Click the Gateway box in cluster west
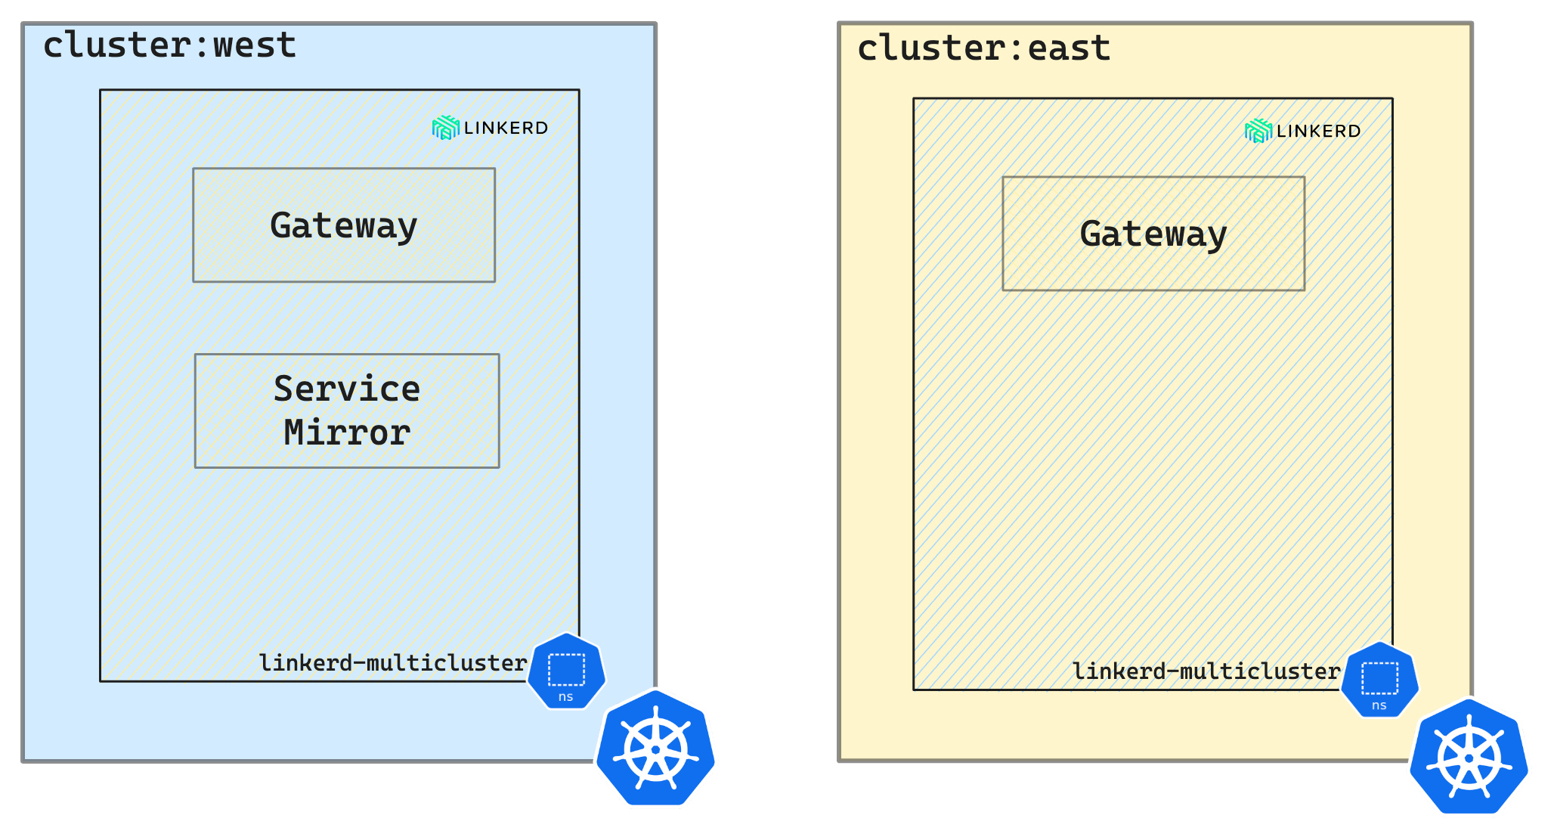344,225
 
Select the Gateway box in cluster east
1153,234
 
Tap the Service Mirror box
347,411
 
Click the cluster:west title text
169,45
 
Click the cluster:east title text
983,48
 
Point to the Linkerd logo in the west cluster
490,128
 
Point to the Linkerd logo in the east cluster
1302,131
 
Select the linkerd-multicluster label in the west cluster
392,663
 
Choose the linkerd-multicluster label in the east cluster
1206,671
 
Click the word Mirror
347,433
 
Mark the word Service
347,389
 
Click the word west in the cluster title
254,45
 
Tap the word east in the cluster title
1069,48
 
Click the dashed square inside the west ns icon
566,669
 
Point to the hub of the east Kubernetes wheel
1469,758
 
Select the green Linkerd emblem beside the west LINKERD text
445,128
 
